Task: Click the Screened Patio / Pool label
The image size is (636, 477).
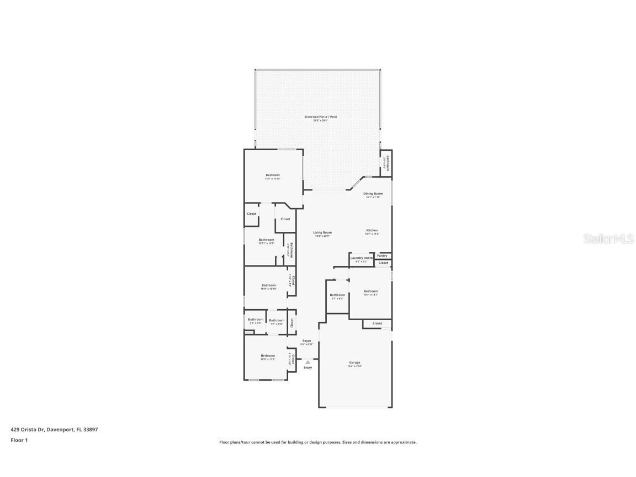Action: pos(320,117)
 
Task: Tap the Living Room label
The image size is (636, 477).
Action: pos(322,232)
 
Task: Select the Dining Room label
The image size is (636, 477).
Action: pos(373,194)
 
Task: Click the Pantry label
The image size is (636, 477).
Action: pos(382,256)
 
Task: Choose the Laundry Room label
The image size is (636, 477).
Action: pos(362,258)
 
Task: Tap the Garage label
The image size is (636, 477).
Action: pos(354,363)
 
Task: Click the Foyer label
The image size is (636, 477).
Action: pos(306,341)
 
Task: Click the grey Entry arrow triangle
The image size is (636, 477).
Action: pos(308,362)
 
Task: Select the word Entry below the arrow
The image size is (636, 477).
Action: pos(308,368)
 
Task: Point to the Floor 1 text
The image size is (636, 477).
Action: pos(19,440)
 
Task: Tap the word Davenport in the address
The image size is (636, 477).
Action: pos(59,429)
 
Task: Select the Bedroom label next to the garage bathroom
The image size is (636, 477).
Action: pos(371,291)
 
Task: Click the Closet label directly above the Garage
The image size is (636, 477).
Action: pos(377,324)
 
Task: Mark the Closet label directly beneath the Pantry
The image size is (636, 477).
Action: pos(383,263)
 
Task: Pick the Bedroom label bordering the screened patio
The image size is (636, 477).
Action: pos(273,175)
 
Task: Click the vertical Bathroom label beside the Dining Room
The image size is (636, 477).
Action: pos(388,163)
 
